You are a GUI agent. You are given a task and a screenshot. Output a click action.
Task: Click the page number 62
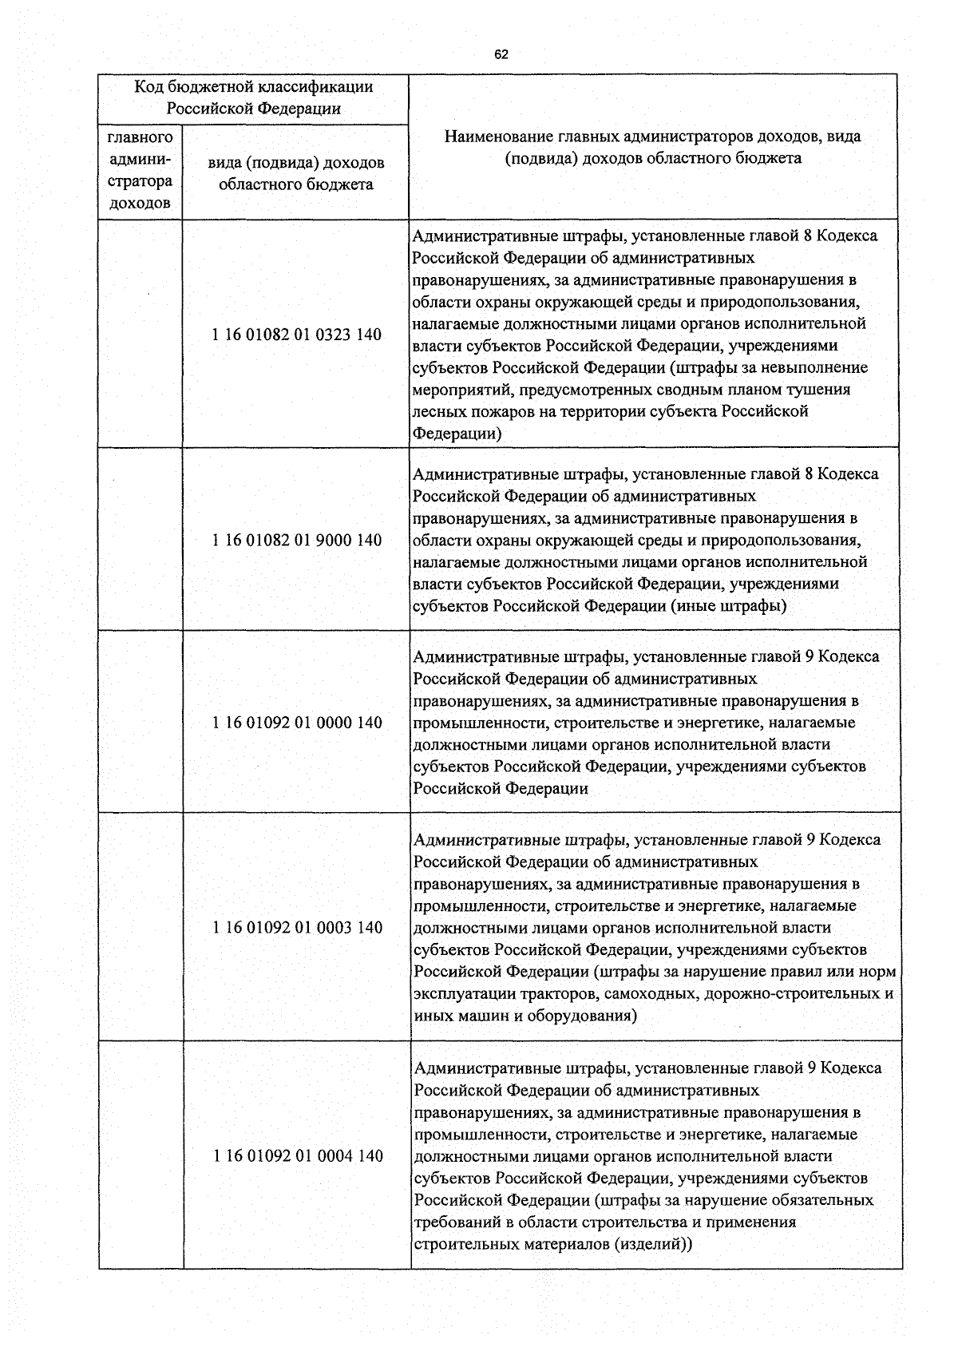[x=501, y=55]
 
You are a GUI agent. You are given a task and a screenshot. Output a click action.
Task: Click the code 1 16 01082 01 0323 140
[x=297, y=335]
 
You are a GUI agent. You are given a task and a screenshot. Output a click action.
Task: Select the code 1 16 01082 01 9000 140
[x=297, y=541]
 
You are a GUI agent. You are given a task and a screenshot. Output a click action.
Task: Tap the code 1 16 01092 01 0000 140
[x=297, y=723]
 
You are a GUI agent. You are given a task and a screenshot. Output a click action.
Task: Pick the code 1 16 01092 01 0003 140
[x=297, y=928]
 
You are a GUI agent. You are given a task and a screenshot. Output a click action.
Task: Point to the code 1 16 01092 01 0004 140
[x=297, y=1156]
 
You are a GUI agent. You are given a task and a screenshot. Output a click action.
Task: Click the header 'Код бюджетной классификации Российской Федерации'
[x=253, y=97]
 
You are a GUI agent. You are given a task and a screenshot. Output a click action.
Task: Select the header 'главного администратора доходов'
[x=141, y=171]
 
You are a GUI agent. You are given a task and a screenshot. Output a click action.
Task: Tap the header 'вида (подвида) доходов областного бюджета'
[x=296, y=173]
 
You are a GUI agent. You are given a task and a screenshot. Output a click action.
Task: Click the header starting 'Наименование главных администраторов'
[x=652, y=147]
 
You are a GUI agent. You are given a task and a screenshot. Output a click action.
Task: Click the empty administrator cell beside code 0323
[x=141, y=335]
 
